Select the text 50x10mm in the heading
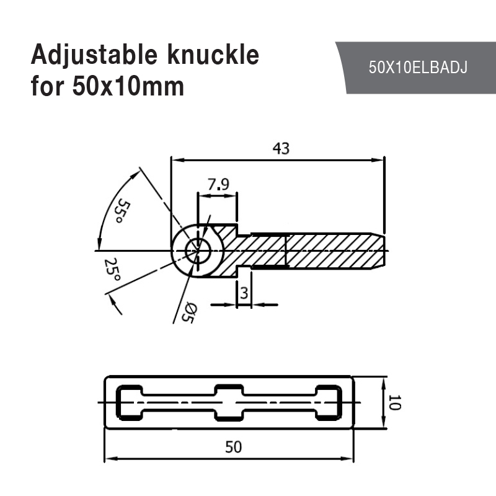click(x=128, y=86)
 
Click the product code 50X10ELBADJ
click(x=417, y=68)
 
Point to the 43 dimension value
click(x=280, y=149)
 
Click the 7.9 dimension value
click(x=218, y=184)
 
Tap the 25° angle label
click(x=112, y=270)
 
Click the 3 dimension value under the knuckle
click(x=244, y=293)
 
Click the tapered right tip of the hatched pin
click(x=379, y=250)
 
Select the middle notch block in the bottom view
click(x=229, y=402)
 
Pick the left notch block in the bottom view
click(x=130, y=402)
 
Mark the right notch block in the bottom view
click(x=329, y=402)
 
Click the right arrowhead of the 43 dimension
click(x=379, y=160)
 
